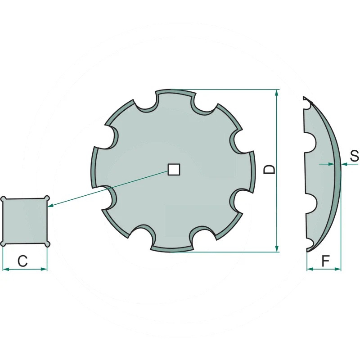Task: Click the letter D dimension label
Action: click(269, 170)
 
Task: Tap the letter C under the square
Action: click(23, 261)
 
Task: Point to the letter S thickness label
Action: click(354, 156)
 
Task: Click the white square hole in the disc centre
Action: click(174, 170)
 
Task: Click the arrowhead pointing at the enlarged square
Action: click(51, 206)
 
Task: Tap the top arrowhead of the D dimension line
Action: click(277, 93)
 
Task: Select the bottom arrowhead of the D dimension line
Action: click(277, 248)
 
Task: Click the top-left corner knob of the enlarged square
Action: click(4, 199)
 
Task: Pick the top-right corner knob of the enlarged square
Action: click(47, 198)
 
